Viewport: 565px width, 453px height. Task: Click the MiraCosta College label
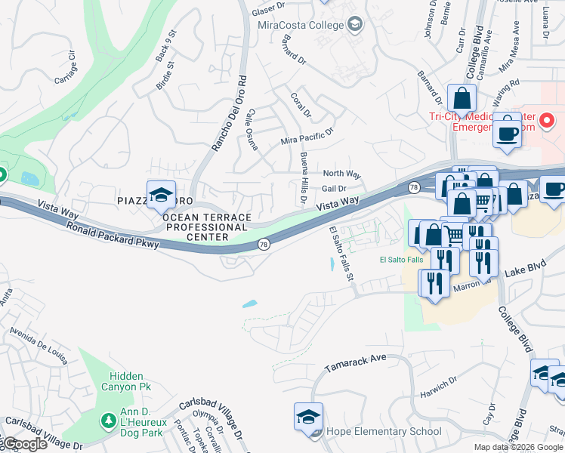point(301,25)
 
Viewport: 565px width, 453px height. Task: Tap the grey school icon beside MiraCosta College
point(354,25)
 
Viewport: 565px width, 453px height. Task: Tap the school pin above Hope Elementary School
point(308,417)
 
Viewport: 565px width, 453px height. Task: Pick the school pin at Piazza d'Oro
point(161,195)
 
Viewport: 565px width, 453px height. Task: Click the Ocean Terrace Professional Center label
point(207,226)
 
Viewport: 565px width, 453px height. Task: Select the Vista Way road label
point(337,203)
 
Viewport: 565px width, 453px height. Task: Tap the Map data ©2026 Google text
point(518,447)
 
